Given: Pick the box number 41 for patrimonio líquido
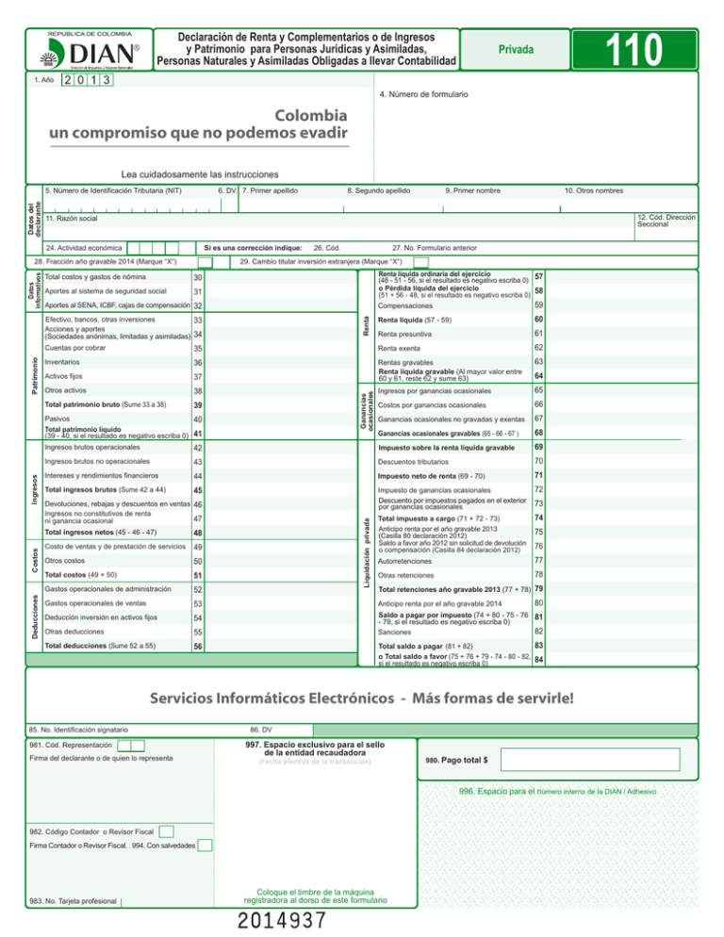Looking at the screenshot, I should pyautogui.click(x=198, y=434).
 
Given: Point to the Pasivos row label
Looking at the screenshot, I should pyautogui.click(x=59, y=419).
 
